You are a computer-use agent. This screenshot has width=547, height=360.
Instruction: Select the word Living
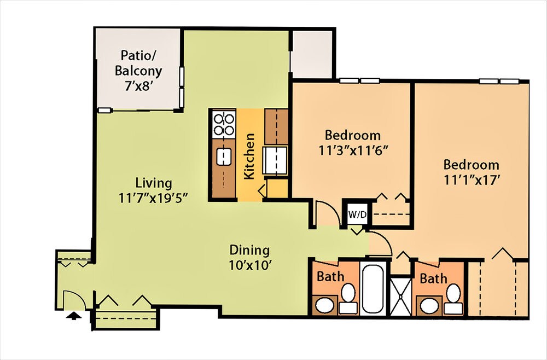[154, 183]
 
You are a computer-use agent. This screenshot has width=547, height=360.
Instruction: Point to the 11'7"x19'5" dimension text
[154, 198]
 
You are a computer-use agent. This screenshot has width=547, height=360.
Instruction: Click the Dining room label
[249, 251]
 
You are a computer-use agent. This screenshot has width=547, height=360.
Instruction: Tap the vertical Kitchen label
[249, 156]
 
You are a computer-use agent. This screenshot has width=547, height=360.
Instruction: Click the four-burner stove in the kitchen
[223, 124]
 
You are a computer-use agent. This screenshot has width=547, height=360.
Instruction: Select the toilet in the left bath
[347, 298]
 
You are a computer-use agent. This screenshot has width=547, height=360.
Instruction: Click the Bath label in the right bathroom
[433, 279]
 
